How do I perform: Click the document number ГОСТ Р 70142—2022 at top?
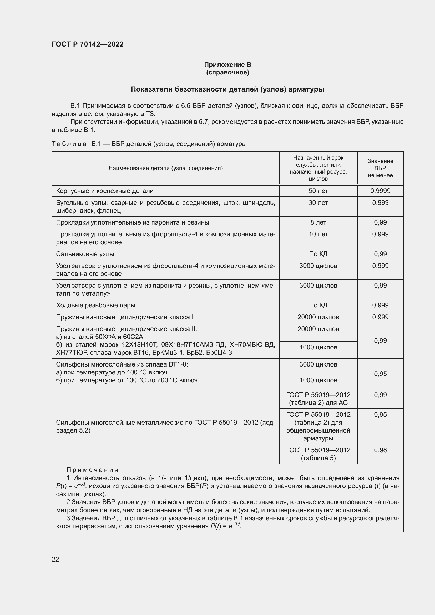tap(88, 44)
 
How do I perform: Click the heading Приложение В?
tap(227, 65)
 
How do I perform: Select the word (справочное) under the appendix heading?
tap(227, 72)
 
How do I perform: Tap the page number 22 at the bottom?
tap(55, 559)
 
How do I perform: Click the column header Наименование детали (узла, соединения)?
tap(165, 168)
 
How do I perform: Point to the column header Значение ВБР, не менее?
tap(380, 168)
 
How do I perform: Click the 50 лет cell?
tap(318, 191)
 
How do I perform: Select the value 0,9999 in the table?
tap(380, 191)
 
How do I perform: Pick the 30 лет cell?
tap(318, 203)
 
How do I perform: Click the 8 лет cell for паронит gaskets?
tap(318, 223)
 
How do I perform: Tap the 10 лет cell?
tap(318, 234)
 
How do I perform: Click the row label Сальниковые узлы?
tap(85, 254)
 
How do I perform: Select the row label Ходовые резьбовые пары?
tap(96, 305)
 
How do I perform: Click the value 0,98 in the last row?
tap(380, 450)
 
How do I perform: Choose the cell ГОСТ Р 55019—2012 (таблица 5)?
tap(318, 454)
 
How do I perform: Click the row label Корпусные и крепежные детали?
tap(104, 191)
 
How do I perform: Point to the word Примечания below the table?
tap(92, 470)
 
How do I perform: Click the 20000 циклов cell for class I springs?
tap(318, 317)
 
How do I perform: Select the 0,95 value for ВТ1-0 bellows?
tap(380, 374)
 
